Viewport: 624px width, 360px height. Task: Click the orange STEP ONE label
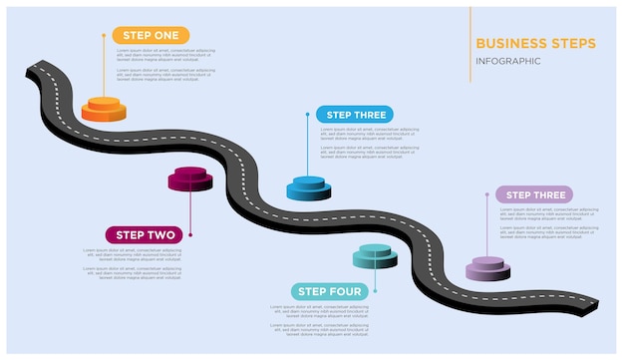click(x=151, y=35)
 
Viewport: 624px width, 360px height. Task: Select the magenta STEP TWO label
click(x=146, y=235)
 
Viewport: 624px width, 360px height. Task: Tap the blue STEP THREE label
click(x=355, y=114)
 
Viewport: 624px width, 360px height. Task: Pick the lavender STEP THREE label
click(x=534, y=194)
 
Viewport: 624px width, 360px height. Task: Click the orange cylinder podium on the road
click(x=103, y=108)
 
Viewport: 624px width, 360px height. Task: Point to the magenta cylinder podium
click(x=190, y=180)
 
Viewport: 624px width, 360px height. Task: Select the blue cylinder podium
click(x=308, y=187)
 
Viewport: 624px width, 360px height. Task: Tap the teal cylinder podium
click(x=376, y=256)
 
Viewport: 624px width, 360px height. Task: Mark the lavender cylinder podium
click(x=487, y=268)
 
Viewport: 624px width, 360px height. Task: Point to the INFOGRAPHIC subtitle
click(x=508, y=61)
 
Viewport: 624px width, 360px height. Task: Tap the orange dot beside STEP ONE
click(x=104, y=35)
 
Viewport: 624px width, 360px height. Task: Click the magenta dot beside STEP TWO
click(x=190, y=235)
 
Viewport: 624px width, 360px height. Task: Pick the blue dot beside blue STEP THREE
click(x=308, y=114)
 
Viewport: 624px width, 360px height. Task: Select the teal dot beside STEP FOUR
click(x=376, y=291)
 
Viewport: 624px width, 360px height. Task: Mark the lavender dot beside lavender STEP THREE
click(x=487, y=195)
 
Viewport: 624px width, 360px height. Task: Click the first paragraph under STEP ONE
click(x=164, y=55)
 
